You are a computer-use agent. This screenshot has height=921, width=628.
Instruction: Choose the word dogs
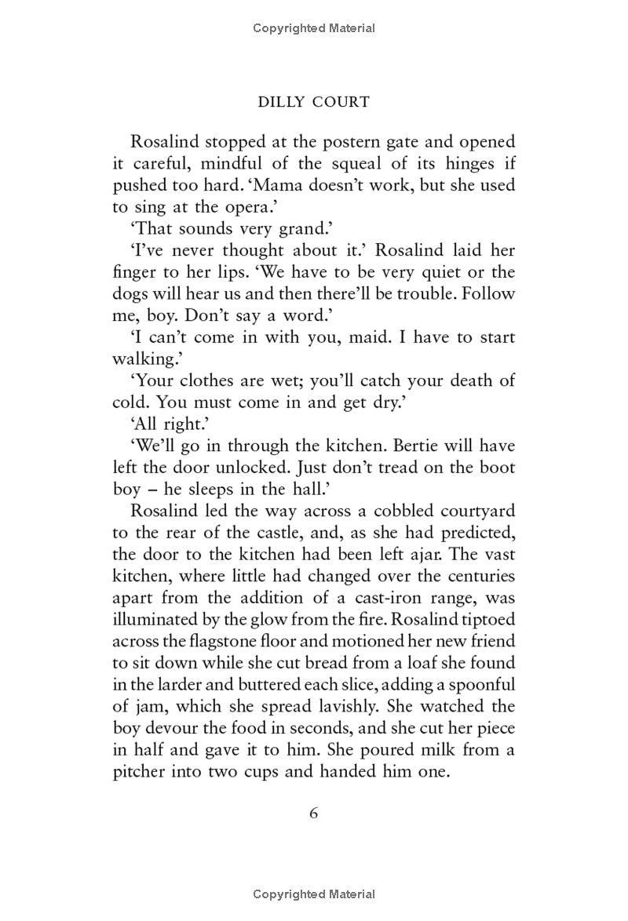click(130, 294)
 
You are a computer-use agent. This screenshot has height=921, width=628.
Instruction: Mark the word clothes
click(212, 380)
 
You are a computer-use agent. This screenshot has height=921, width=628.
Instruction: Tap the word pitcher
click(139, 771)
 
